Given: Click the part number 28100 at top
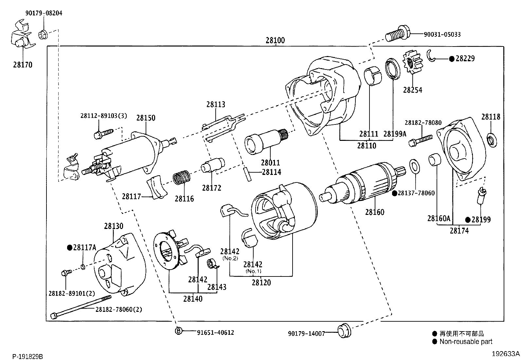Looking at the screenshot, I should [275, 40].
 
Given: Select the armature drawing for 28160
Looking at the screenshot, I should [363, 186].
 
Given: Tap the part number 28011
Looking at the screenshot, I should [270, 163].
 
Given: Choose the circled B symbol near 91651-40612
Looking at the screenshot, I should [178, 331].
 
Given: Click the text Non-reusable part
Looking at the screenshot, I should [466, 342].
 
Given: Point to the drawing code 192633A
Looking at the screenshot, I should [505, 354].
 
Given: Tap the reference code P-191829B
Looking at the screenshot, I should [27, 356].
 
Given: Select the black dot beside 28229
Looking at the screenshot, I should [452, 59].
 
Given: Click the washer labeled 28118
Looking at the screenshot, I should [491, 140].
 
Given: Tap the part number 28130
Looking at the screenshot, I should [114, 226].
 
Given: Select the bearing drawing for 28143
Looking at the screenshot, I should [211, 264].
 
